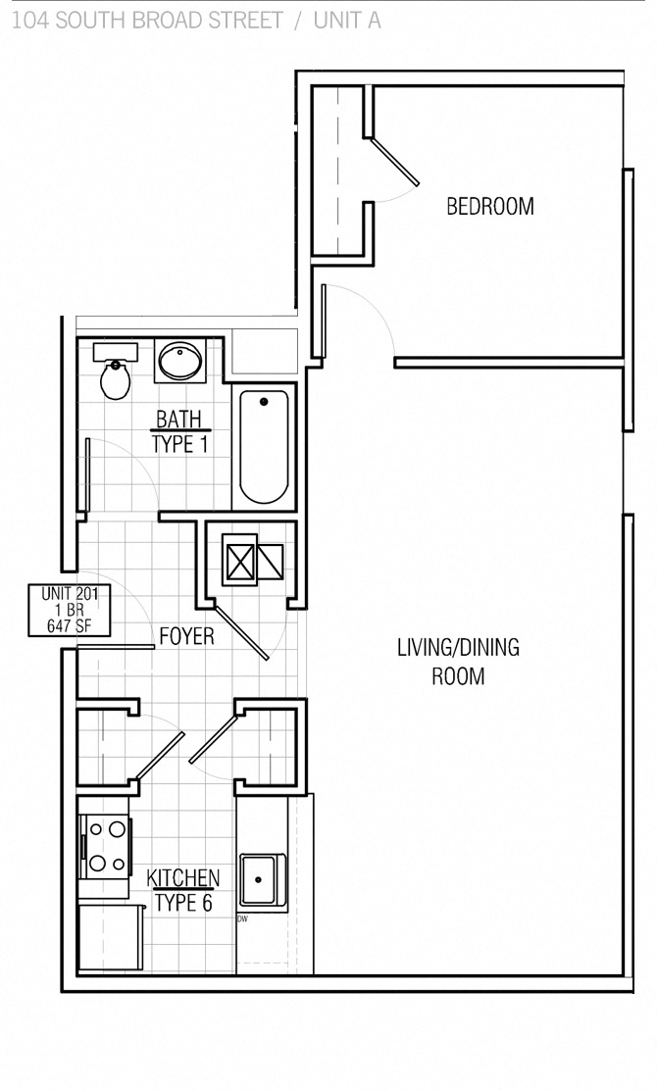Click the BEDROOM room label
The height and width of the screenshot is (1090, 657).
tap(489, 207)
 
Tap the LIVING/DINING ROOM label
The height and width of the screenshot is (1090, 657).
tap(458, 662)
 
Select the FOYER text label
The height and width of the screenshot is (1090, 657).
tap(186, 637)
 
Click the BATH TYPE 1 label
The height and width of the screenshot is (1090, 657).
tap(177, 432)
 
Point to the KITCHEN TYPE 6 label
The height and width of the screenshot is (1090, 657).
tap(182, 890)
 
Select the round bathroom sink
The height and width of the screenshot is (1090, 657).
tap(179, 361)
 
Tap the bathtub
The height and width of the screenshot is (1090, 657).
tap(264, 446)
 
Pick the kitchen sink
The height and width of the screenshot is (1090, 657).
tap(263, 879)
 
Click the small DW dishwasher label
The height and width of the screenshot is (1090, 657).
tap(241, 919)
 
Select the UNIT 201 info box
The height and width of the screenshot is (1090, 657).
tap(69, 610)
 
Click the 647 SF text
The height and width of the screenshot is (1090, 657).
tap(69, 626)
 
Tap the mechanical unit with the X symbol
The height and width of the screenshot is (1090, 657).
tap(240, 561)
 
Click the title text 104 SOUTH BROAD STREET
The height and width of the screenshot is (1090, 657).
tap(147, 21)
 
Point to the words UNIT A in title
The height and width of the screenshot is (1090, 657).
tap(346, 21)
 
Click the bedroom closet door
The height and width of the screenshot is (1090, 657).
tap(395, 161)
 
